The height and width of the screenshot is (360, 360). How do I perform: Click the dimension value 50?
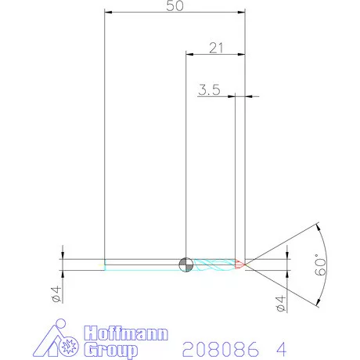point(176,6)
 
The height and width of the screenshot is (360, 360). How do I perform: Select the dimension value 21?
point(216,47)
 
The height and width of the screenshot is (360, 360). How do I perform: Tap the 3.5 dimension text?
point(208,90)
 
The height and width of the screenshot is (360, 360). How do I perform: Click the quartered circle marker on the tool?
point(185,264)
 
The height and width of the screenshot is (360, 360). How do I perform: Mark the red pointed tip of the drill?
point(240,264)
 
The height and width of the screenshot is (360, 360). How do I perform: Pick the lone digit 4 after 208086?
point(280,347)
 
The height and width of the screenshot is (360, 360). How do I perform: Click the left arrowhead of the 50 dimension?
point(109,13)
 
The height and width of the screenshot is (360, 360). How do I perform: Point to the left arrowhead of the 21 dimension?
point(189,54)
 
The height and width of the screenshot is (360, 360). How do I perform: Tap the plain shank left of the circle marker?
point(141,264)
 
